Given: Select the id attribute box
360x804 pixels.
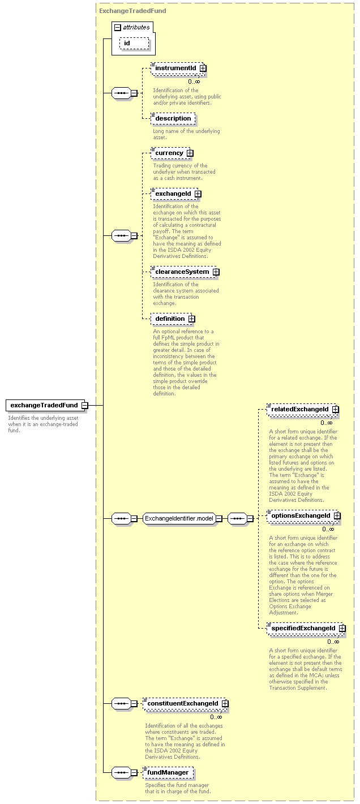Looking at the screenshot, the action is pos(134,44).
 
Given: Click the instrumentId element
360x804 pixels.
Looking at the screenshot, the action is pos(179,68).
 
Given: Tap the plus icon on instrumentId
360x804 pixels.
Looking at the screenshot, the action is pos(203,68).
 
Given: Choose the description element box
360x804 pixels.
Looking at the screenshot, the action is pos(173,118).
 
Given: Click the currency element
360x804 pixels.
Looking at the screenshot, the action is pos(172,153).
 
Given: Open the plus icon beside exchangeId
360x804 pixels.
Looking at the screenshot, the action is pos(198,194).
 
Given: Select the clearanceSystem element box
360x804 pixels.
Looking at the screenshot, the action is pos(185,272).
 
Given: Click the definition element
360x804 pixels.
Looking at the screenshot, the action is pos(173,319).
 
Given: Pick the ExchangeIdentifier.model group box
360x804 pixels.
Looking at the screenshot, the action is pos(182,518).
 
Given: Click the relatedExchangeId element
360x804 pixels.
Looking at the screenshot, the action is pos(303,410).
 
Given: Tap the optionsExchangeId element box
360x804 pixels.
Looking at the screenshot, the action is pos(303,516).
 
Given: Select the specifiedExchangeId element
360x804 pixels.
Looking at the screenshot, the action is pos(306,629).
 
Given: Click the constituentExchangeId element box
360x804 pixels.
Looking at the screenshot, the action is pos(186,703).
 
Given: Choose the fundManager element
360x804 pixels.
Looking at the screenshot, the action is pos(168,772).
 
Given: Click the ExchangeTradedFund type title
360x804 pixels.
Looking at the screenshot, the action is pos(132,11).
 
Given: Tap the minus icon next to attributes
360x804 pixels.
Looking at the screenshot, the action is pos(118,27).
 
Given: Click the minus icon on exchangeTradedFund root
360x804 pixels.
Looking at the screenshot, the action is pos(85,405).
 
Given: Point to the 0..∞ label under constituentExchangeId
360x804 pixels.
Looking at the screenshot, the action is pos(216,717).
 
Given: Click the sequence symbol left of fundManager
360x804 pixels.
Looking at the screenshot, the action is pos(121,772).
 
